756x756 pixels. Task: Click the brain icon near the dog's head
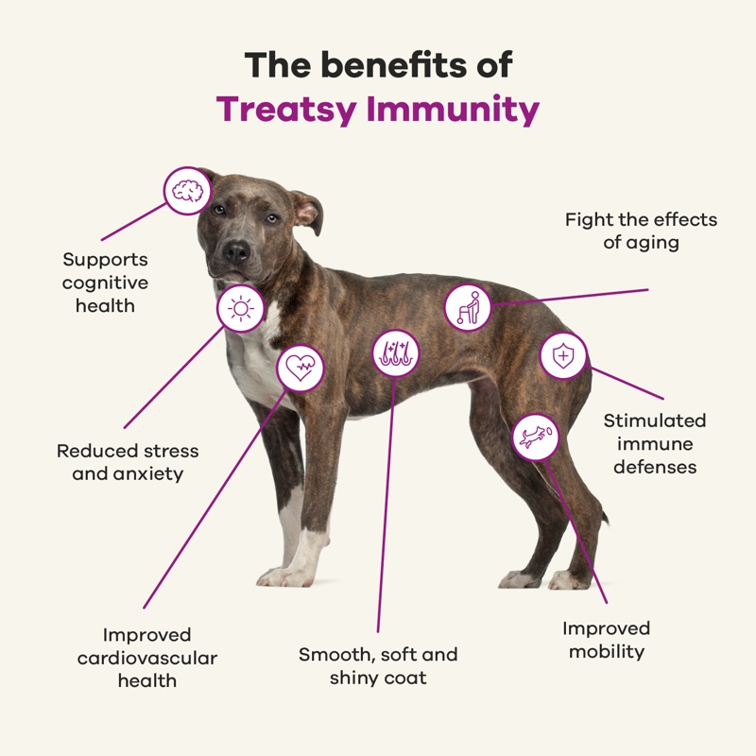(187, 191)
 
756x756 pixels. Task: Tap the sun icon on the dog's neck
(241, 309)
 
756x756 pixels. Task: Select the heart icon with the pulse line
(301, 369)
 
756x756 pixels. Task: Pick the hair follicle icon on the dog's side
(396, 353)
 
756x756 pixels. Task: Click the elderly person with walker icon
(468, 308)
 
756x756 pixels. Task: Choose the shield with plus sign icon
(563, 356)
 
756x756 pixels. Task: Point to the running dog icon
(535, 438)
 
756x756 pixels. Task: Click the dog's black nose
(237, 250)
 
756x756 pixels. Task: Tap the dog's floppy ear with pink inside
(306, 212)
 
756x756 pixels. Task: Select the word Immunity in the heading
(453, 110)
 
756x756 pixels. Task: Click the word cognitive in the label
(105, 283)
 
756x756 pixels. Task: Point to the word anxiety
(149, 474)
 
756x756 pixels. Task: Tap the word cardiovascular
(147, 658)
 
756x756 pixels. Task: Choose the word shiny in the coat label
(351, 679)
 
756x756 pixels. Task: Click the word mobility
(607, 652)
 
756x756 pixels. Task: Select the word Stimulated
(655, 421)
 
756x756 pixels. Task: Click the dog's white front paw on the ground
(284, 576)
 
